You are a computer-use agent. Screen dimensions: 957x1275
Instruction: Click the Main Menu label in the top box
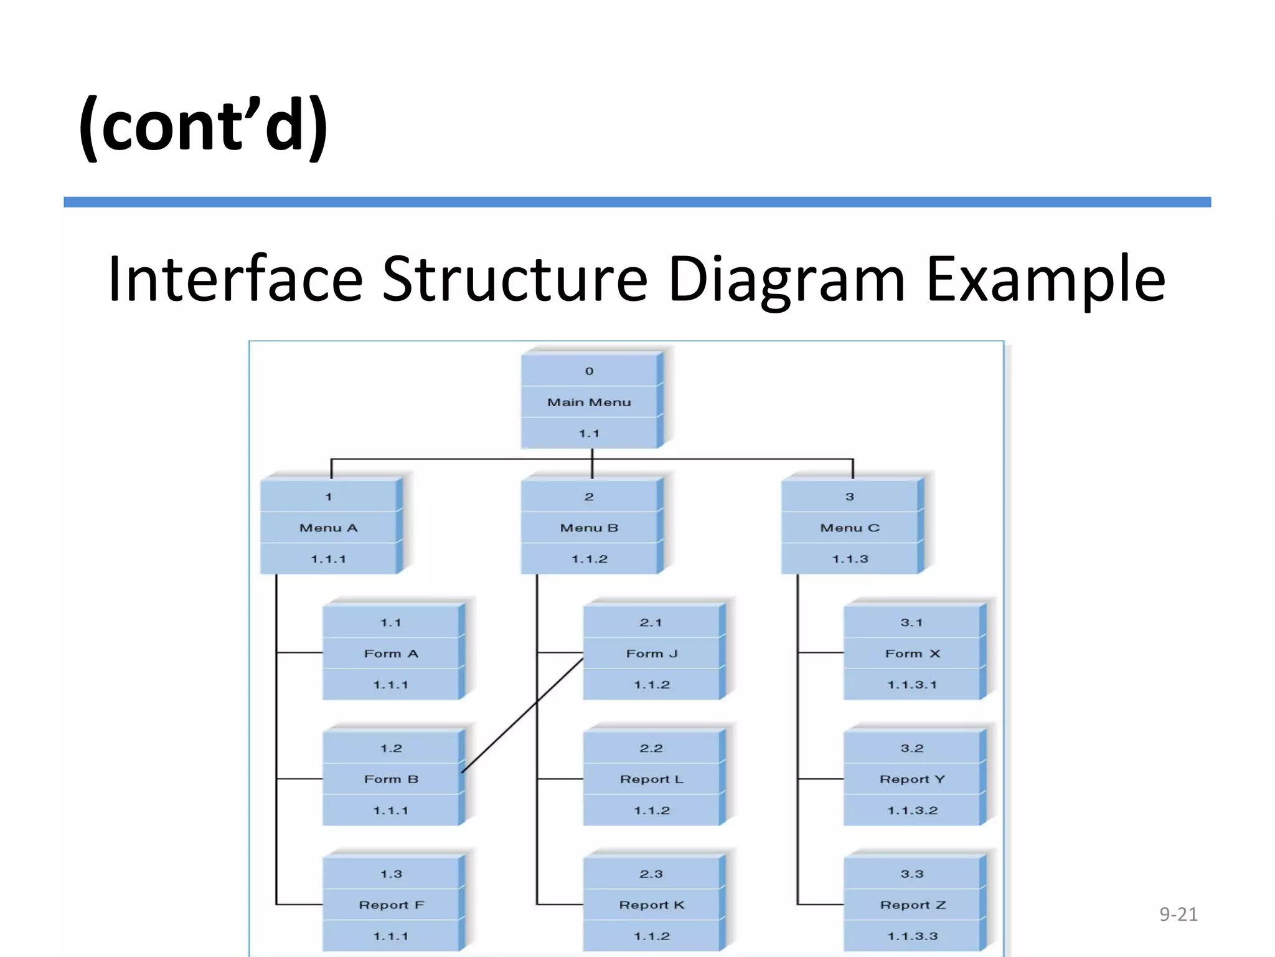pyautogui.click(x=589, y=402)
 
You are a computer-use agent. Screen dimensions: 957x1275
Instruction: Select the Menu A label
pyautogui.click(x=328, y=528)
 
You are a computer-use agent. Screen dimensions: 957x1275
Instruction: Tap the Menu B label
pyautogui.click(x=589, y=528)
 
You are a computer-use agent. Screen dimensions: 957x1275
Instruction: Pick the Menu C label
pyautogui.click(x=850, y=528)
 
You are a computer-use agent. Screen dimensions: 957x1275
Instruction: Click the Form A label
pyautogui.click(x=391, y=654)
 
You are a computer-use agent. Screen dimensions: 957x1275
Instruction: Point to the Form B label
pyautogui.click(x=391, y=779)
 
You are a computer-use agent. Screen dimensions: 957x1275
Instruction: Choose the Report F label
pyautogui.click(x=391, y=905)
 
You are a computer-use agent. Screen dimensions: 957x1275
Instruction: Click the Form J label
pyautogui.click(x=652, y=654)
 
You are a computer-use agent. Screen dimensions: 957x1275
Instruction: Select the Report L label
pyautogui.click(x=652, y=779)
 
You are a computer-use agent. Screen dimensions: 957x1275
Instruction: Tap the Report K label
pyautogui.click(x=652, y=905)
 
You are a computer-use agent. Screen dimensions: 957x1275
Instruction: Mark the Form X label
pyautogui.click(x=913, y=654)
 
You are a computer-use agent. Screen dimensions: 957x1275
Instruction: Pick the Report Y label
pyautogui.click(x=913, y=779)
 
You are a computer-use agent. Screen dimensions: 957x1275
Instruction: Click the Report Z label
pyautogui.click(x=913, y=905)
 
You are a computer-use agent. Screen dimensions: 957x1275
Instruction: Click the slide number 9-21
pyautogui.click(x=1178, y=914)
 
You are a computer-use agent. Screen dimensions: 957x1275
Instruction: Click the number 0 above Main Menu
pyautogui.click(x=589, y=371)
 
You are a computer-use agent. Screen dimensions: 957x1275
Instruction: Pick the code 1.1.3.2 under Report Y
pyautogui.click(x=913, y=811)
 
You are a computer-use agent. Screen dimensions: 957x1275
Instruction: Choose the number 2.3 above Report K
pyautogui.click(x=651, y=874)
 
